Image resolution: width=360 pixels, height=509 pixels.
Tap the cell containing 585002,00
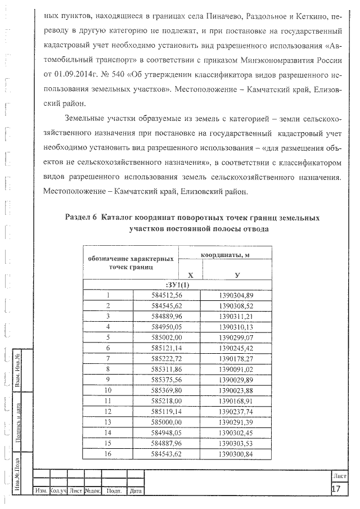click(155, 336)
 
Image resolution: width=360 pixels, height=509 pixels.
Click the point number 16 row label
click(107, 453)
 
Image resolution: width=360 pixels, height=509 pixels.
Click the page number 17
click(336, 489)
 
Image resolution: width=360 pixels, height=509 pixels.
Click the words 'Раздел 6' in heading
click(82, 218)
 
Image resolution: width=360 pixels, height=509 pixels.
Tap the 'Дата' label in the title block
click(135, 491)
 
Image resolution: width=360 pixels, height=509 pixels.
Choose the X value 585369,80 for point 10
click(155, 389)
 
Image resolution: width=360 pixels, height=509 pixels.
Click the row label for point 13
click(107, 421)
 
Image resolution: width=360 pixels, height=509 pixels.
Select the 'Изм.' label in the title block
click(41, 491)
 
